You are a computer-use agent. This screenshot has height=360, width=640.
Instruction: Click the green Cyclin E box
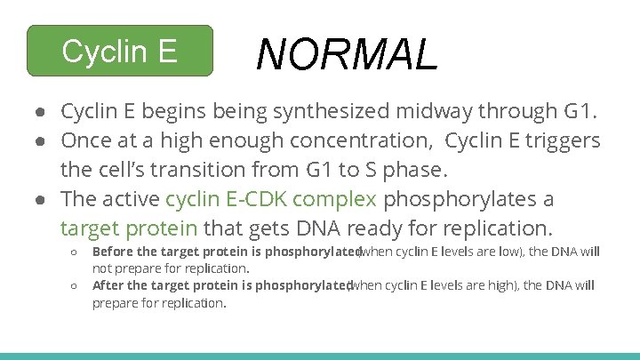(x=120, y=52)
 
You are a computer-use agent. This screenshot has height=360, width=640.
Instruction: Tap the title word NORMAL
(x=347, y=54)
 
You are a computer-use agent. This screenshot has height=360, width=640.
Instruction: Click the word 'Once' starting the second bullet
(x=83, y=140)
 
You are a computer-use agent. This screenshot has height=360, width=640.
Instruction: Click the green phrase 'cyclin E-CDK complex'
(x=271, y=198)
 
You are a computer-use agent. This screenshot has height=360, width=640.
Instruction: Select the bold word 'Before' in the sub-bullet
(x=114, y=252)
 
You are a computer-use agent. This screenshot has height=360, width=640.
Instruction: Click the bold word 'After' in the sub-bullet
(x=108, y=285)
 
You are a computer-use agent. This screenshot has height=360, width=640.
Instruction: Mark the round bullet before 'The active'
(x=41, y=198)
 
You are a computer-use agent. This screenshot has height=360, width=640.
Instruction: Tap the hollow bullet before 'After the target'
(x=75, y=285)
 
